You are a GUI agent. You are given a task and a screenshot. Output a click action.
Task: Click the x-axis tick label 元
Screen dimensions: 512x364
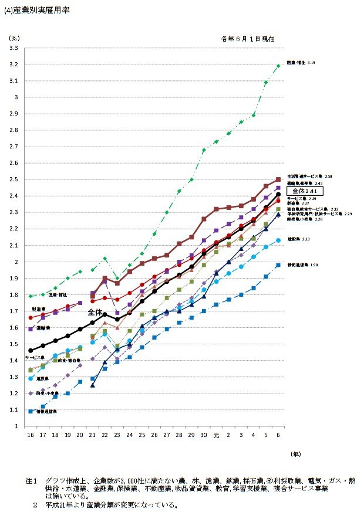pyautogui.click(x=215, y=434)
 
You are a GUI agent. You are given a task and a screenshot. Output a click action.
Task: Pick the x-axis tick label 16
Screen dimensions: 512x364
pyautogui.click(x=30, y=434)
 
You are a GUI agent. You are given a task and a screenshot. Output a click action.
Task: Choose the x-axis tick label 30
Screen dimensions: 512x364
pyautogui.click(x=204, y=434)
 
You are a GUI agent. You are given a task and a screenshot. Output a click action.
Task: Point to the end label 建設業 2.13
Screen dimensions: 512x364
pyautogui.click(x=299, y=239)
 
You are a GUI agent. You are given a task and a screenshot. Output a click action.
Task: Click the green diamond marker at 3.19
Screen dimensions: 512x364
pyautogui.click(x=278, y=66)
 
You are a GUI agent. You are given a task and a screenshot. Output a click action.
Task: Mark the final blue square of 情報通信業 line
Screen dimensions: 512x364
pyautogui.click(x=278, y=265)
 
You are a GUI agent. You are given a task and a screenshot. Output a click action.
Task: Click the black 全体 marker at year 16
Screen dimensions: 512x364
pyautogui.click(x=31, y=350)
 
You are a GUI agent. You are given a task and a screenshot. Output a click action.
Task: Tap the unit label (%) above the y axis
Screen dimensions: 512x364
pyautogui.click(x=14, y=37)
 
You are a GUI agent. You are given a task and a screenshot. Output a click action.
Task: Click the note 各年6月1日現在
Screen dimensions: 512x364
pyautogui.click(x=248, y=38)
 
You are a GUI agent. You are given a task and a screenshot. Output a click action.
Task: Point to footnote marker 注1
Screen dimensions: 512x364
pyautogui.click(x=31, y=480)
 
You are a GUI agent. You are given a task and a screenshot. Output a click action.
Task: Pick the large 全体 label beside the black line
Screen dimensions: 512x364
pyautogui.click(x=96, y=313)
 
